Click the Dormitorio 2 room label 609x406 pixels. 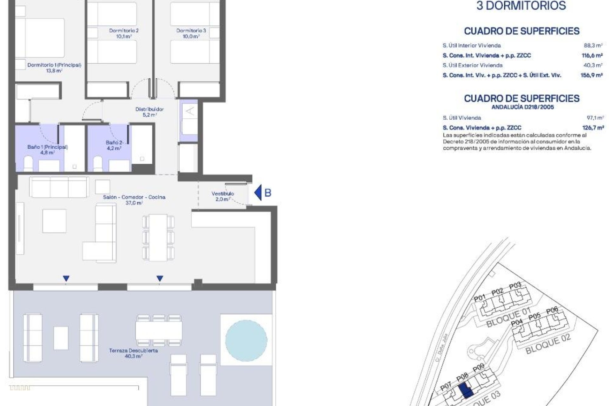pyautogui.click(x=124, y=33)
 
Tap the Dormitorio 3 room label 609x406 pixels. pyautogui.click(x=191, y=33)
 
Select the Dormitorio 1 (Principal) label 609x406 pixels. pyautogui.click(x=54, y=68)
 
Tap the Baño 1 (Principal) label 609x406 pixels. pyautogui.click(x=48, y=149)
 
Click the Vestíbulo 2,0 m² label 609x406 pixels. pyautogui.click(x=223, y=196)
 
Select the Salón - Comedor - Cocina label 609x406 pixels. pyautogui.click(x=134, y=200)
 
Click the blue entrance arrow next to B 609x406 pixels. pyautogui.click(x=258, y=193)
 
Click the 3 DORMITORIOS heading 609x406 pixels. pyautogui.click(x=521, y=6)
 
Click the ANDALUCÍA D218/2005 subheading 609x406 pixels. pyautogui.click(x=522, y=107)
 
